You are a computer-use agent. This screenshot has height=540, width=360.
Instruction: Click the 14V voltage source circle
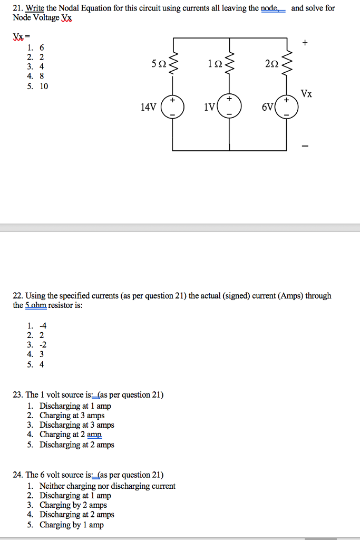click(x=172, y=107)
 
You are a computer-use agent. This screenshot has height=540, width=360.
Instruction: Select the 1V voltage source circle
click(x=229, y=107)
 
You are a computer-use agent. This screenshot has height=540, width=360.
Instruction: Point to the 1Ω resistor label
click(x=215, y=64)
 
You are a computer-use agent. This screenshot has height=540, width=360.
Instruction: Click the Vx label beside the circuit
click(x=306, y=94)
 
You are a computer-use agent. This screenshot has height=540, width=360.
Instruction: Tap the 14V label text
click(x=149, y=107)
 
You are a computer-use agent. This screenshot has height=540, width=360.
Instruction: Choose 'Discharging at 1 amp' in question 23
click(x=75, y=406)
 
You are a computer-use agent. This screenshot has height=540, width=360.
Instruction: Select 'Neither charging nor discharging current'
click(x=108, y=486)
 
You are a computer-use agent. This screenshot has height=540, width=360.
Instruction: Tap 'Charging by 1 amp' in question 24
click(x=72, y=525)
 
